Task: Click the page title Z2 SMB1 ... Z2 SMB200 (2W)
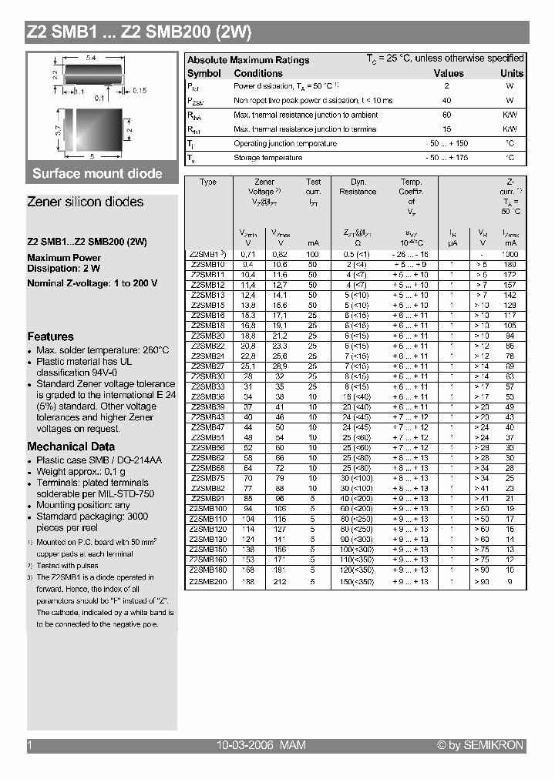point(139,32)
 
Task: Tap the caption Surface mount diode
point(97,173)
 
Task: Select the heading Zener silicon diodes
point(85,202)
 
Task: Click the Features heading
point(51,336)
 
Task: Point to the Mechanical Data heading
point(71,446)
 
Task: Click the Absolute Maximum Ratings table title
point(248,60)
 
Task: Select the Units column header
point(511,74)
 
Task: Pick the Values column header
point(449,74)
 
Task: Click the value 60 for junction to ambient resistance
point(446,115)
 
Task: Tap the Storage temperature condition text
point(267,158)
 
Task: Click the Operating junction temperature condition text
point(284,144)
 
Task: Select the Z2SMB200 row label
point(207,583)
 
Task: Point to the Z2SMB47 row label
point(207,426)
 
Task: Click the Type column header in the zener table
point(207,182)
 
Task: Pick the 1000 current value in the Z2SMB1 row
point(510,254)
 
